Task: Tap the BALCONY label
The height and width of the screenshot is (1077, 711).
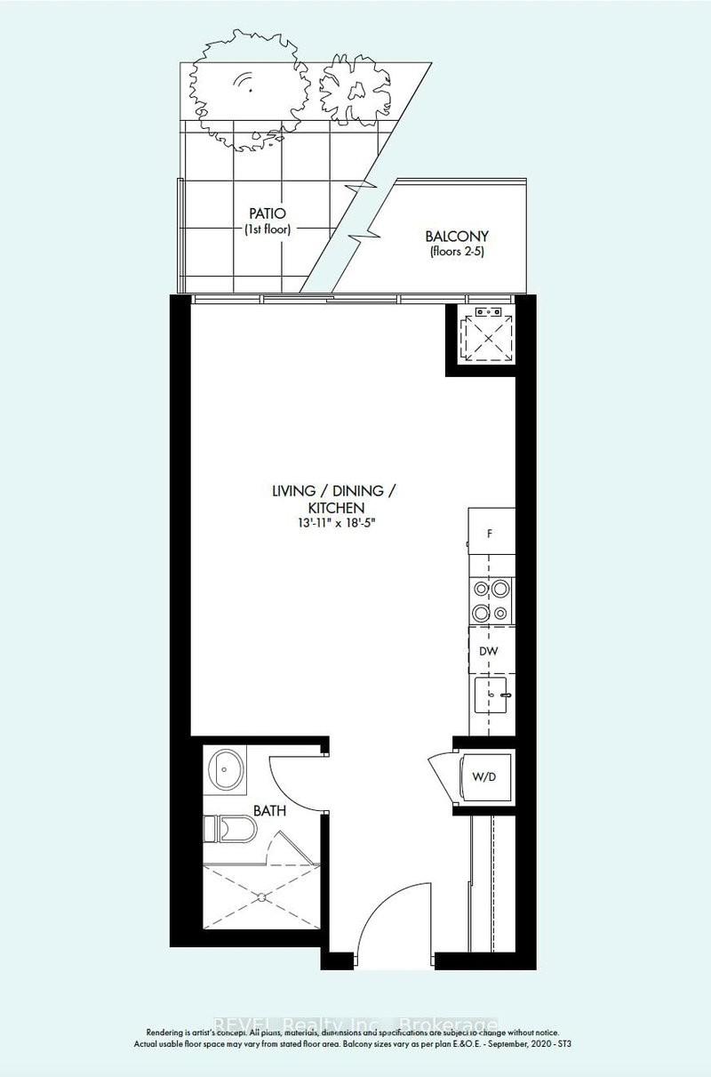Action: pos(457,237)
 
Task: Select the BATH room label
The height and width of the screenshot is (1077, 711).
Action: pos(268,811)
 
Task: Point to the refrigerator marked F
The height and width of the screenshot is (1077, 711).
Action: pos(489,534)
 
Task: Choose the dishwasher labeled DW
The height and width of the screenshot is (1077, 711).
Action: pos(489,651)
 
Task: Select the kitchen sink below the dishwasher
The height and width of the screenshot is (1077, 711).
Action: pos(491,694)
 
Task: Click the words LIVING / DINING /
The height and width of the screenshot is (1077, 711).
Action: pos(333,490)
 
